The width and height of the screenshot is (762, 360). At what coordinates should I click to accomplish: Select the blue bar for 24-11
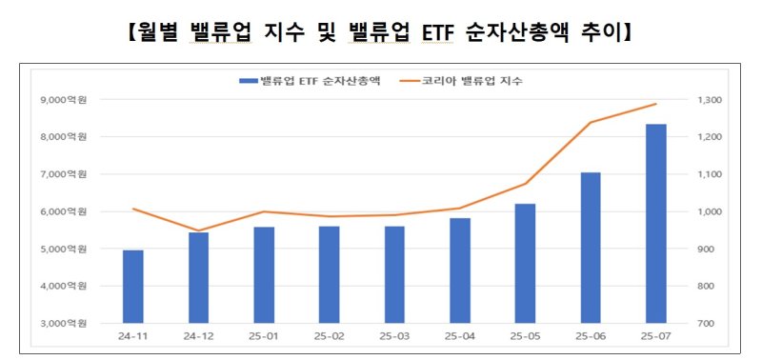(x=132, y=287)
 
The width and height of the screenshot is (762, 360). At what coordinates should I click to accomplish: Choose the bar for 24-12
(x=199, y=277)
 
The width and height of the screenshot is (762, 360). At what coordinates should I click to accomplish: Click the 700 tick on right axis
(x=713, y=324)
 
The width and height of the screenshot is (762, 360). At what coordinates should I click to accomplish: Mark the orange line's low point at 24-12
(x=199, y=230)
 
